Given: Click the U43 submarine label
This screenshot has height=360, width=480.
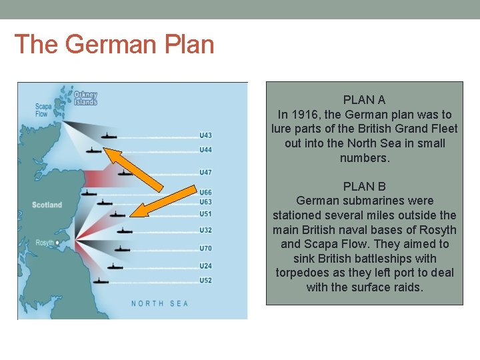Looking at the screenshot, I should [205, 136].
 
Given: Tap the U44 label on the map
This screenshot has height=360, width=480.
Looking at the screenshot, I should [205, 150].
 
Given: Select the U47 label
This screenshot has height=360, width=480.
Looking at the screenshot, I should [205, 173].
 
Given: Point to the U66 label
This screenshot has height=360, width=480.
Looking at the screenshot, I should [205, 193].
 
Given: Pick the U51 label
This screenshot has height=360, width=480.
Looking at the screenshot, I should [205, 214].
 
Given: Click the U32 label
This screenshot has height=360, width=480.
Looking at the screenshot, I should [205, 230].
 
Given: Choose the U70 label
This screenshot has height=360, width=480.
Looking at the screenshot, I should [205, 249].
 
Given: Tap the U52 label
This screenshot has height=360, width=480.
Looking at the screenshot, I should [205, 281].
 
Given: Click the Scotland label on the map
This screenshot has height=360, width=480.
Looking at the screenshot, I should [47, 205].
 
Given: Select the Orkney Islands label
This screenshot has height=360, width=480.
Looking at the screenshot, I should [85, 99].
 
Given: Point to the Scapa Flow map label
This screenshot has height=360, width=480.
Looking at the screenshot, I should [43, 110].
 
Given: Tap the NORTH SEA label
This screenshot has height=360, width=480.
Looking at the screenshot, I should [159, 304].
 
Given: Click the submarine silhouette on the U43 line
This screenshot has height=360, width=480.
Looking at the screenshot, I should [109, 136].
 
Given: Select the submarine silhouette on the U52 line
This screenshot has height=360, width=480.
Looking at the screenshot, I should [101, 281].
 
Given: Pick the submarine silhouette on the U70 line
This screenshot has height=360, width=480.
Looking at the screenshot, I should [121, 249].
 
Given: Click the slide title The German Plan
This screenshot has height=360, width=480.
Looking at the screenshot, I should [114, 45].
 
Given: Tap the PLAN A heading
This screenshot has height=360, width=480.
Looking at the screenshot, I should [364, 100].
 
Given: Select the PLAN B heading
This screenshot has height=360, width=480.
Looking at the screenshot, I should [364, 186].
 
